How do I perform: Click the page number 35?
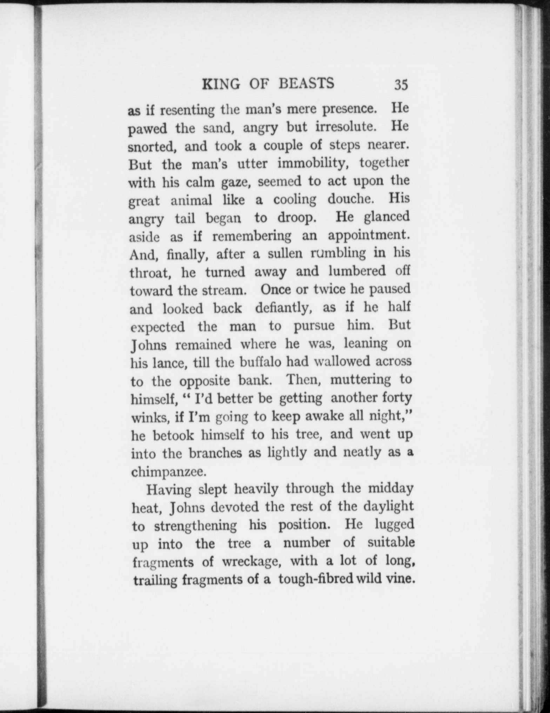coord(401,85)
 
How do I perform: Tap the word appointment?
coord(369,235)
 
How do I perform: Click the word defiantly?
coord(283,308)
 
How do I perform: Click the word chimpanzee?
coord(168,472)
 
